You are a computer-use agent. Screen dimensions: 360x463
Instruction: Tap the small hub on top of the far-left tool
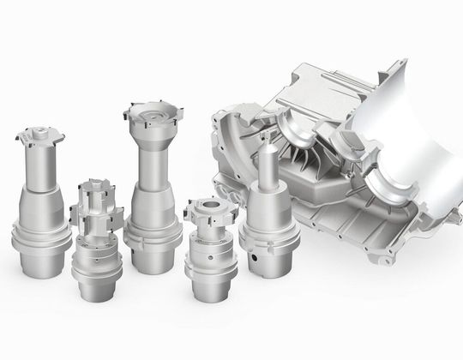[x=39, y=133]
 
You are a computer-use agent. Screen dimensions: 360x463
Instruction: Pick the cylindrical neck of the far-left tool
[x=39, y=171]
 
